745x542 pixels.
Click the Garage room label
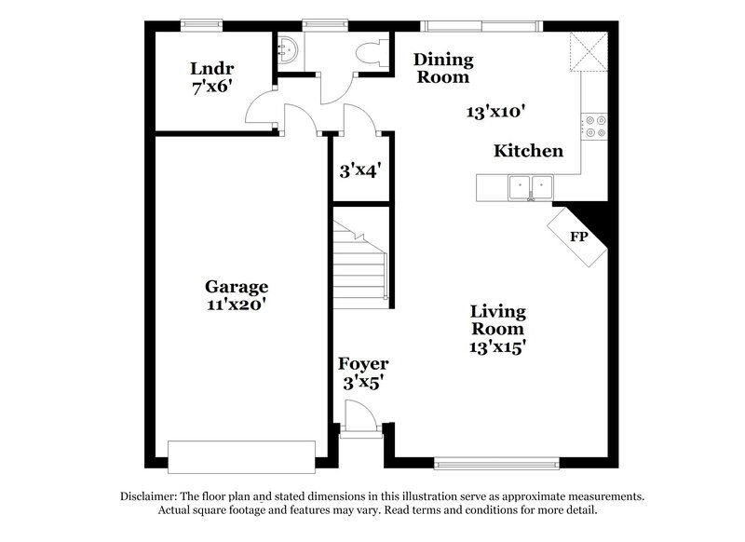click(237, 287)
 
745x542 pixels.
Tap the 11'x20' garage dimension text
click(237, 304)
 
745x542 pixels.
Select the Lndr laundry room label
click(211, 68)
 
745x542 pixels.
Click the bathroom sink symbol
click(288, 49)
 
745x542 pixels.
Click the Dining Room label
click(443, 69)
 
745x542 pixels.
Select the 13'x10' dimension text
click(497, 112)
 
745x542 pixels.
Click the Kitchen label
click(528, 151)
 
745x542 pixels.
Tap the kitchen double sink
click(527, 187)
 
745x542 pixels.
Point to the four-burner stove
click(594, 127)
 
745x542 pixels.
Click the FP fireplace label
click(578, 236)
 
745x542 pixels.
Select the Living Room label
click(497, 319)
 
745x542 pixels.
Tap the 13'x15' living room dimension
click(497, 346)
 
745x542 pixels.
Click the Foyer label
click(363, 364)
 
